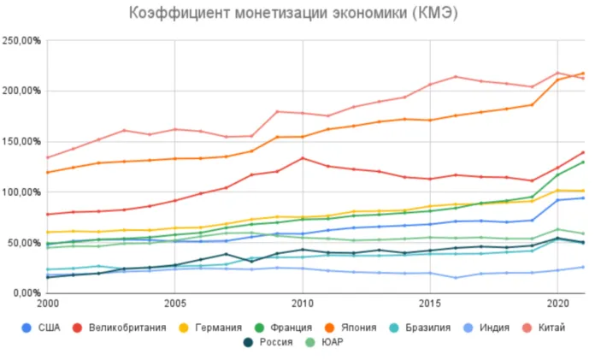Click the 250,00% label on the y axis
pos(22,41)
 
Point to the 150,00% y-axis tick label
pos(22,141)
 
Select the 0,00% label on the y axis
pos(27,292)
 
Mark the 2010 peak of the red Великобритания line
pos(302,158)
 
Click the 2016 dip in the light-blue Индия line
pos(455,277)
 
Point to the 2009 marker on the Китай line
pos(276,111)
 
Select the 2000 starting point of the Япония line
pos(47,172)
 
